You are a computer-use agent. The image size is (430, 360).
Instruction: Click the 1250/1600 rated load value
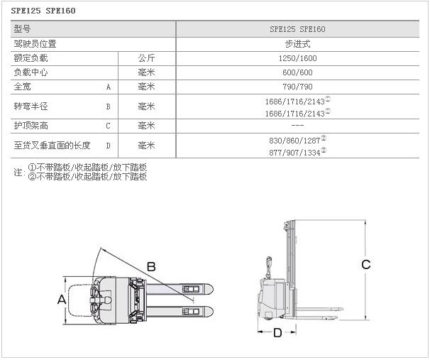point(297,58)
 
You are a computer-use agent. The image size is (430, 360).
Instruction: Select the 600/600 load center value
point(297,72)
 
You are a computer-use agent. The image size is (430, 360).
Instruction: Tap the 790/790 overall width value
point(297,87)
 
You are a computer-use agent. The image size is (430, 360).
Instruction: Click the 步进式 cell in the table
point(297,44)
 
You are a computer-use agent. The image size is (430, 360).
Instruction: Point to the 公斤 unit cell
point(146,58)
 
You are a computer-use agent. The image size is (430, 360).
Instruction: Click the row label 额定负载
point(31,58)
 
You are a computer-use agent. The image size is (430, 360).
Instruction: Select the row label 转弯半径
point(31,107)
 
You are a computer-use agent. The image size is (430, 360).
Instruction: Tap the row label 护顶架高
point(31,126)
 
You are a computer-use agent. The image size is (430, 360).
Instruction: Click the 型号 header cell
point(22,29)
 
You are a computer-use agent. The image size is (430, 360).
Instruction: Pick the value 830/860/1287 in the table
point(294,141)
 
